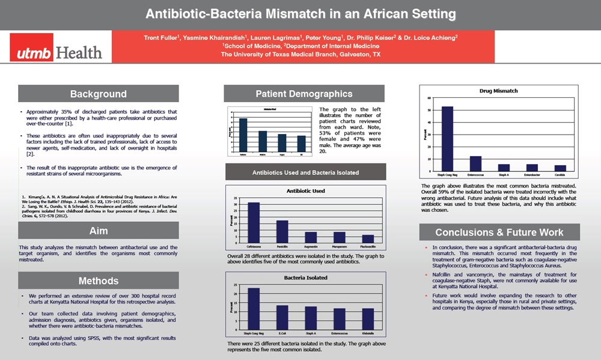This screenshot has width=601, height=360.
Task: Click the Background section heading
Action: pyautogui.click(x=98, y=94)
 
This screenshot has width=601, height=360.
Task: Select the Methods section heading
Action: pyautogui.click(x=98, y=281)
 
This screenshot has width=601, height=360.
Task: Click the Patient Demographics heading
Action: pyautogui.click(x=304, y=94)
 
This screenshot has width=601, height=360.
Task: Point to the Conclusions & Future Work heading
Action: pyautogui.click(x=499, y=232)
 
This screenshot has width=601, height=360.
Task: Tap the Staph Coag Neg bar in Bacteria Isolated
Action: pyautogui.click(x=254, y=308)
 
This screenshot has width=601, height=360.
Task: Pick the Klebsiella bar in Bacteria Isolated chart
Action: pyautogui.click(x=369, y=319)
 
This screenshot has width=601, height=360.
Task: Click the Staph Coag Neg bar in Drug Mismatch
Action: pyautogui.click(x=448, y=139)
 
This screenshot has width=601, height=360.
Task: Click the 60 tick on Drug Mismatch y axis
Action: pyautogui.click(x=429, y=98)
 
